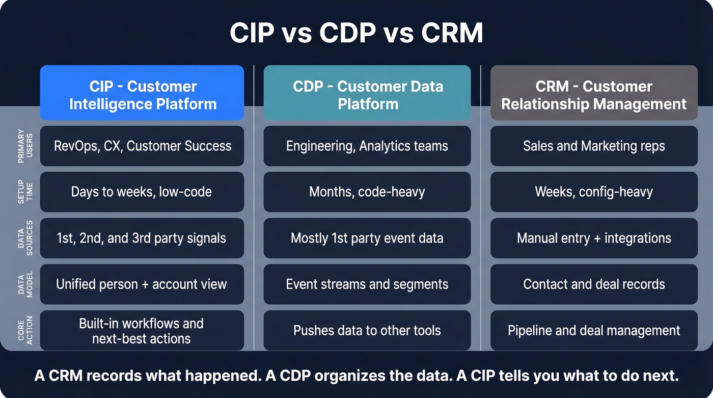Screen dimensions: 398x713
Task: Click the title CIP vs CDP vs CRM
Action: [x=356, y=34]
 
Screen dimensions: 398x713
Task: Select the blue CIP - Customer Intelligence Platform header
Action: [x=142, y=93]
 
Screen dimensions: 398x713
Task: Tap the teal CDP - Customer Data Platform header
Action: [x=367, y=93]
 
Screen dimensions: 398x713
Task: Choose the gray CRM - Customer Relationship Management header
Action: [x=594, y=93]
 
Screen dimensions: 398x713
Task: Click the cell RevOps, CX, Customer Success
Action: [x=142, y=146]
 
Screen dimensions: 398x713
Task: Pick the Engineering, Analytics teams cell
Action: [x=367, y=146]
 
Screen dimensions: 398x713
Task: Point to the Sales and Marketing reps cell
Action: [x=594, y=146]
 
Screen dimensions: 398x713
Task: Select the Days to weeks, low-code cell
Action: [x=142, y=192]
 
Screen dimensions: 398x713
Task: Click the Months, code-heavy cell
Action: [x=367, y=192]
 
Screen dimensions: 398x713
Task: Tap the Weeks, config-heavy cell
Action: [x=594, y=192]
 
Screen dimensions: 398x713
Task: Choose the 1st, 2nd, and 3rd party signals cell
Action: [x=142, y=238]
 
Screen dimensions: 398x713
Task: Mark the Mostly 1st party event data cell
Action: [x=367, y=238]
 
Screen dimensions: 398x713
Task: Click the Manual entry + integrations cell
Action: [x=594, y=238]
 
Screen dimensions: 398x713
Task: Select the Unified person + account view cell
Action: [x=142, y=284]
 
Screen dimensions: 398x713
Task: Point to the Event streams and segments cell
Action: [x=367, y=284]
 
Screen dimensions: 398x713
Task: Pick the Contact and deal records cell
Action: [x=594, y=284]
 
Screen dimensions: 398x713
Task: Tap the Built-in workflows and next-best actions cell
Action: [x=142, y=331]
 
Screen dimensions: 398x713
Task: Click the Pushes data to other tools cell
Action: [x=367, y=331]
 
